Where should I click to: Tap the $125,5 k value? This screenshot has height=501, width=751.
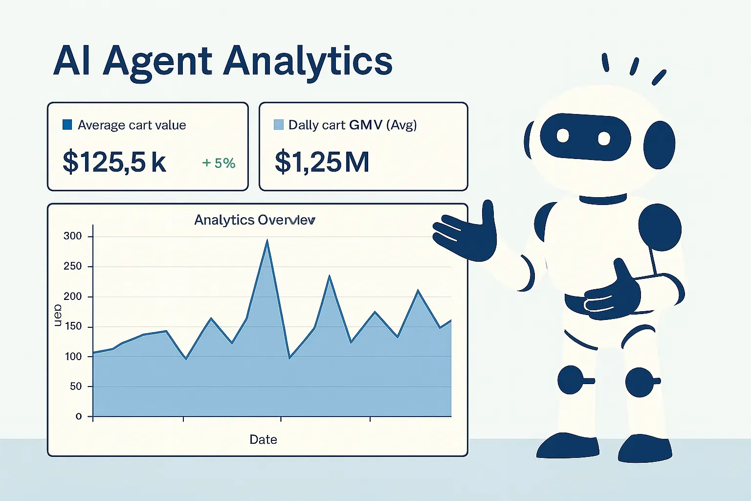tap(114, 162)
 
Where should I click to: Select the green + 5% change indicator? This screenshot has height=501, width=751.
tap(219, 163)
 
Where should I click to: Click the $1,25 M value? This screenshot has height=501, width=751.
tap(322, 162)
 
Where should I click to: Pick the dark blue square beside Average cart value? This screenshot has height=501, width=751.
tap(67, 125)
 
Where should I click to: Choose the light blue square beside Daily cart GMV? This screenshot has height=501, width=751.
tap(279, 125)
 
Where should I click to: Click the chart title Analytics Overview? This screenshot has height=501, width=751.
tap(255, 220)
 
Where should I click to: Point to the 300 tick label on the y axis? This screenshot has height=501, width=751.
tap(73, 236)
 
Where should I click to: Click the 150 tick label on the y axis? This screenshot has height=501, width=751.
tap(73, 326)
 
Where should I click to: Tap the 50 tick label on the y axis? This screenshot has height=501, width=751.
tap(76, 387)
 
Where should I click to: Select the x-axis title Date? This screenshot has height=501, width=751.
tap(263, 439)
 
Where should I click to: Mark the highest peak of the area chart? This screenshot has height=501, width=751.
tap(267, 241)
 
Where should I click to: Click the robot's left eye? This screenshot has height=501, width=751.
tap(563, 136)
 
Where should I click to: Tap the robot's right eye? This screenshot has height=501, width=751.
tap(604, 138)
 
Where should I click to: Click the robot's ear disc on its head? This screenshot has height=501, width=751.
tap(659, 145)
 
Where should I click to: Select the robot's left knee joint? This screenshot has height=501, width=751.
tap(571, 380)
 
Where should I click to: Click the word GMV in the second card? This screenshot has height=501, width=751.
tap(366, 125)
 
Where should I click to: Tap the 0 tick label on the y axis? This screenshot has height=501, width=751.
tap(79, 416)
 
